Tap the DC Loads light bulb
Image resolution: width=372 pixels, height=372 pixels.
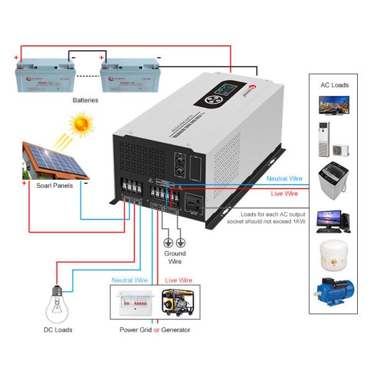(58, 304)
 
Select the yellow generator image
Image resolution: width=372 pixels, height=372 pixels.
(178, 303)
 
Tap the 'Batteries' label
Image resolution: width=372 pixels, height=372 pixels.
(85, 100)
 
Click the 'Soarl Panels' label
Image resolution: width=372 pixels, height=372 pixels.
(54, 185)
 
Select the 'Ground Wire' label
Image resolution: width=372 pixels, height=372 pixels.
(174, 257)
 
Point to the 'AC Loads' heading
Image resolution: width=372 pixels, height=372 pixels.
(334, 85)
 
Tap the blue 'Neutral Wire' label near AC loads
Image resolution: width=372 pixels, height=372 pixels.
(285, 179)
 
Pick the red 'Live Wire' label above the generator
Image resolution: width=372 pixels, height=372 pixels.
(179, 280)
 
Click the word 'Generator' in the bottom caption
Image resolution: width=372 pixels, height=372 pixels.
(175, 330)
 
